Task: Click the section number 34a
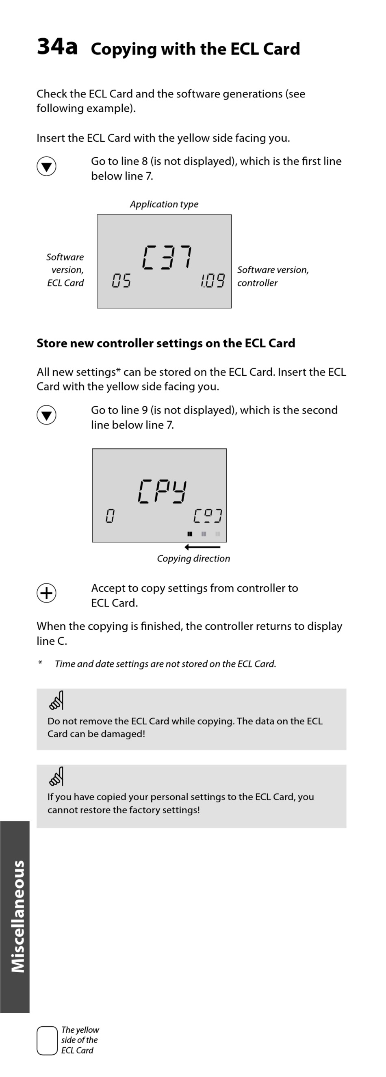pos(57,46)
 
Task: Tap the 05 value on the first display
pos(121,280)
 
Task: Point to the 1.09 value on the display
pos(213,280)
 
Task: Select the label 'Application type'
pos(164,204)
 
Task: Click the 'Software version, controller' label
pos(273,276)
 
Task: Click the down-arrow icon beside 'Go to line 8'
pos(46,167)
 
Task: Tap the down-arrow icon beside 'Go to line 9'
pos(46,415)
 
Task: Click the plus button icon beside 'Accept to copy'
pos(46,593)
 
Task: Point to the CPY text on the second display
pos(162,491)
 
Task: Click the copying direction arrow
pos(202,547)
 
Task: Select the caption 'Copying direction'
pos(193,559)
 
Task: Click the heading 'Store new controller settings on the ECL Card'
pos(166,343)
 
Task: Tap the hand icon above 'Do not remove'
pos(56,700)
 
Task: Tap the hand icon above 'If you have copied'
pos(56,776)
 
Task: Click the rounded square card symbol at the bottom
pos(47,1040)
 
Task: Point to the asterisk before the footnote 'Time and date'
pos(40,663)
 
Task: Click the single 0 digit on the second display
pos(110,516)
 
